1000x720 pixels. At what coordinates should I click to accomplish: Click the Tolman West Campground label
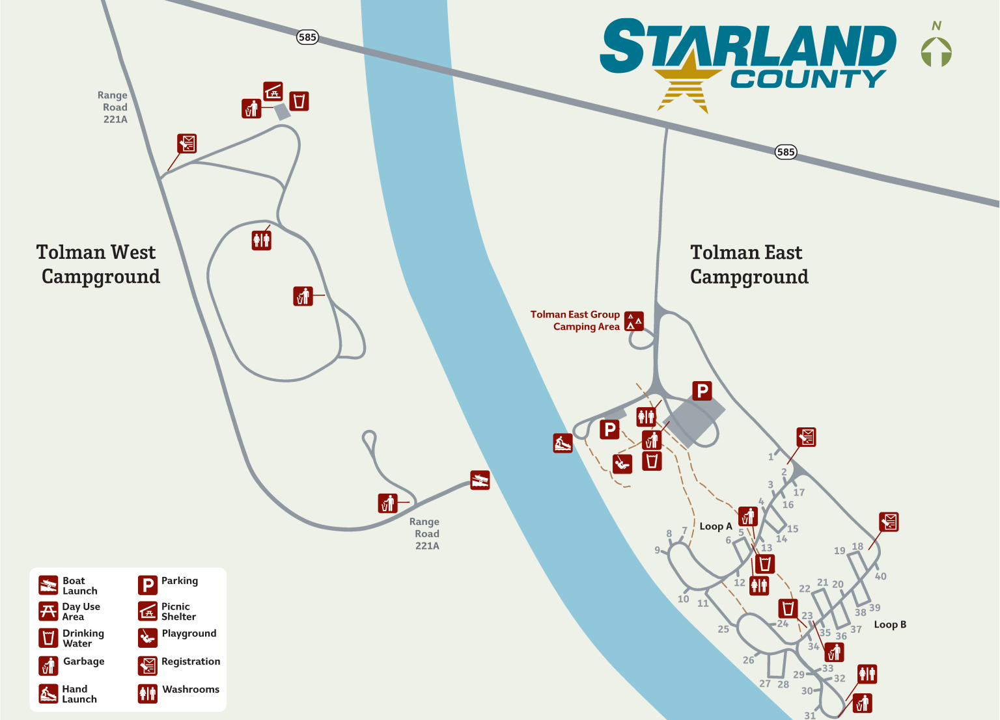click(x=98, y=264)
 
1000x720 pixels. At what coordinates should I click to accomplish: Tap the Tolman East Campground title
click(x=749, y=264)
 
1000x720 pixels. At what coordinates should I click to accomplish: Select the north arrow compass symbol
click(x=936, y=51)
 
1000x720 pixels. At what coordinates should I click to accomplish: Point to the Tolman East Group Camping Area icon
click(x=634, y=321)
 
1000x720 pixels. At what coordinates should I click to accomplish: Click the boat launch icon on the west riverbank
click(x=480, y=481)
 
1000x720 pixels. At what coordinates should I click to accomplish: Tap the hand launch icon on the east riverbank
click(x=562, y=444)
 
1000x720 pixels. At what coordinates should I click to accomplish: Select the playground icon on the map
click(x=622, y=464)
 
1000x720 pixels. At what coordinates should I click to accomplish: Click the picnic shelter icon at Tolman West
click(x=273, y=90)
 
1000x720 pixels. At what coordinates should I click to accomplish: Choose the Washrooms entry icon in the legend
click(x=148, y=693)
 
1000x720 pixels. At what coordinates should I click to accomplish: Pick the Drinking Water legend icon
click(x=48, y=638)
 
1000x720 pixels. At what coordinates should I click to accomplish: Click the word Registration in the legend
click(x=191, y=661)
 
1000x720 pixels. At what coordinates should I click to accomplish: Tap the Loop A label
click(x=715, y=526)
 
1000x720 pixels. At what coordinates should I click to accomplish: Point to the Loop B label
click(x=890, y=624)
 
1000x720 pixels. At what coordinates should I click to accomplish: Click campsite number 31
click(x=810, y=715)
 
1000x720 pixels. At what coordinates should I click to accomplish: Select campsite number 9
click(x=658, y=550)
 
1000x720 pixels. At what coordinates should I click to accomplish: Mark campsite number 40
click(x=880, y=576)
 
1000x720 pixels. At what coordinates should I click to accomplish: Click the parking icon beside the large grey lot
click(x=702, y=391)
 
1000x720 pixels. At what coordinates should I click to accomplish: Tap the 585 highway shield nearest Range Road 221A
click(x=307, y=37)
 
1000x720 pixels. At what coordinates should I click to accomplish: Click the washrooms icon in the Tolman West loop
click(x=261, y=240)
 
